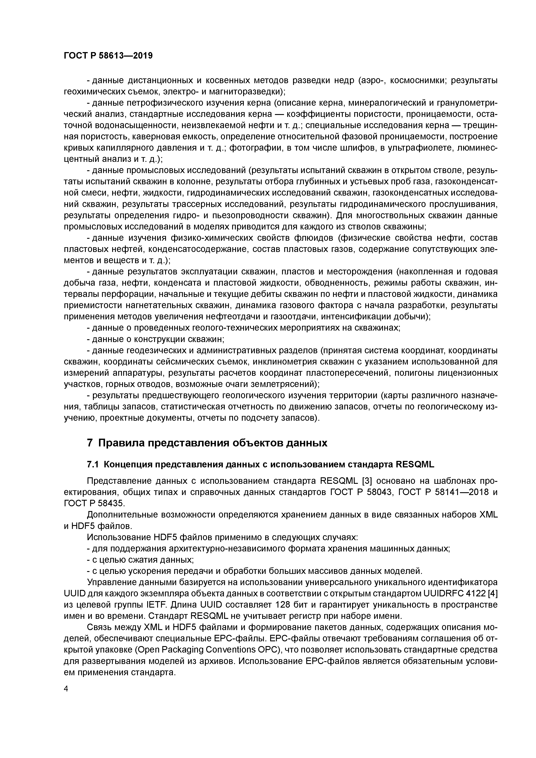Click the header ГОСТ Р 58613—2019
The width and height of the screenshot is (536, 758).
click(x=108, y=56)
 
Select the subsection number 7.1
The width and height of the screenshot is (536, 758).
click(x=93, y=465)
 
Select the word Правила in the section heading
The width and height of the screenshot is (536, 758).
click(x=120, y=443)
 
